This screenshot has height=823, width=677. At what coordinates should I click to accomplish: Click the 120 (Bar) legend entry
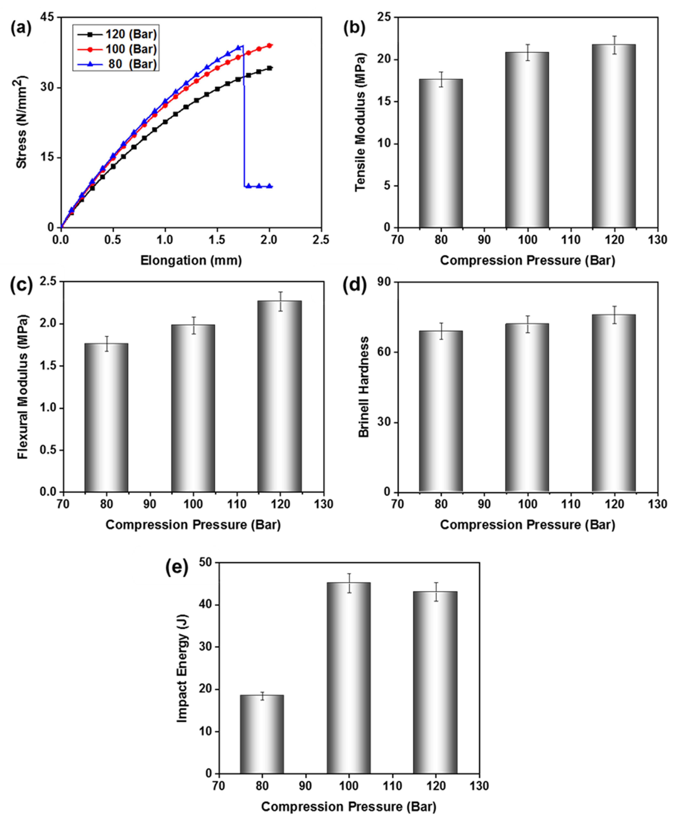117,34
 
